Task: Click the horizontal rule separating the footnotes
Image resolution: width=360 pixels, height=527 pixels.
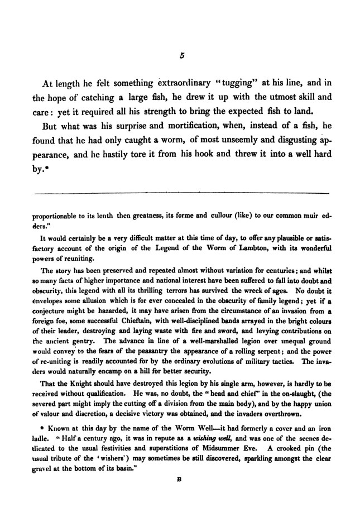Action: (x=181, y=193)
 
